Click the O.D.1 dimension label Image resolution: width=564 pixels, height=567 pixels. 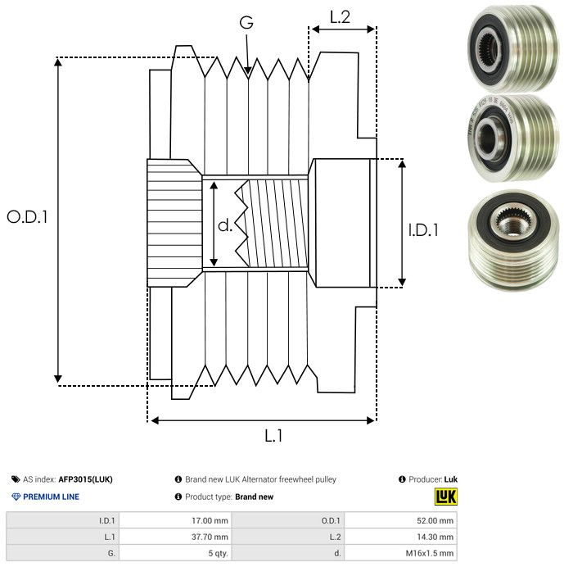(28, 217)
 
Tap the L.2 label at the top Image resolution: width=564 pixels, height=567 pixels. (340, 16)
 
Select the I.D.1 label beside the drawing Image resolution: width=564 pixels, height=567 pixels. (422, 230)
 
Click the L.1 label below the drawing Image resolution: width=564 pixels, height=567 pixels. (273, 436)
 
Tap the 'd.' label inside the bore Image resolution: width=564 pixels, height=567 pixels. (224, 225)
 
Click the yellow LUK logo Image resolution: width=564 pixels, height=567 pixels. (445, 497)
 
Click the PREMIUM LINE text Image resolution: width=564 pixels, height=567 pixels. (51, 497)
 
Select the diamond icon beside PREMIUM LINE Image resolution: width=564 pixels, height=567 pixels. (16, 497)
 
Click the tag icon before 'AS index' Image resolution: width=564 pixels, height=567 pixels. (16, 479)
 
